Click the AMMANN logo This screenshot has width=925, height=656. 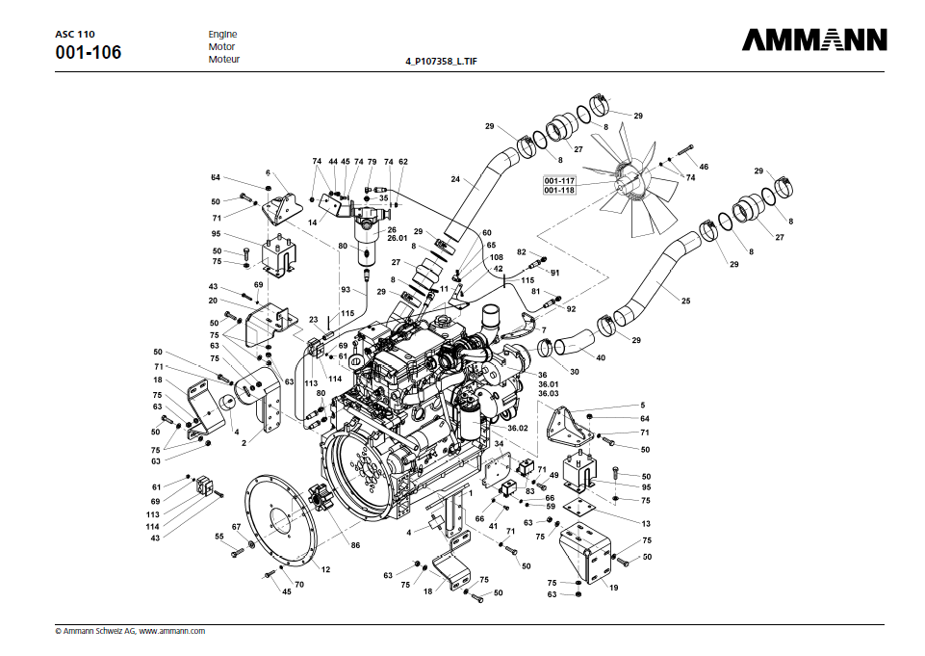click(814, 40)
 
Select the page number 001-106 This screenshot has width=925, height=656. click(89, 52)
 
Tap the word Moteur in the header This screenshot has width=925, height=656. click(224, 60)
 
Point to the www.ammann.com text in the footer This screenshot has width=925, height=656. click(172, 631)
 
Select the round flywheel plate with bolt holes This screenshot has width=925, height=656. click(284, 521)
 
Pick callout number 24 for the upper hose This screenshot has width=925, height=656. click(455, 178)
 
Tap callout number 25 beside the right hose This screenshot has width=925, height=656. click(686, 301)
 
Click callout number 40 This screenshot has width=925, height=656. click(601, 356)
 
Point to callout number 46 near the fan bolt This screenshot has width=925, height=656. click(704, 168)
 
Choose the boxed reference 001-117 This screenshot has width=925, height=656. click(559, 181)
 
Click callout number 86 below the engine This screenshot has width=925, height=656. click(355, 545)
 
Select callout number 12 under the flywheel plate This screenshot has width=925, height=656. click(325, 569)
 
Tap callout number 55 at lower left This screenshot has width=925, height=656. click(218, 536)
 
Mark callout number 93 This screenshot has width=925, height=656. click(346, 289)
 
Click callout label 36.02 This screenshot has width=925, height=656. click(518, 428)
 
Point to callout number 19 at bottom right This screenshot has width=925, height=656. click(613, 587)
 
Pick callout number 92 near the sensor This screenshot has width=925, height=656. click(571, 309)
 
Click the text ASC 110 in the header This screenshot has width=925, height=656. click(75, 34)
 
